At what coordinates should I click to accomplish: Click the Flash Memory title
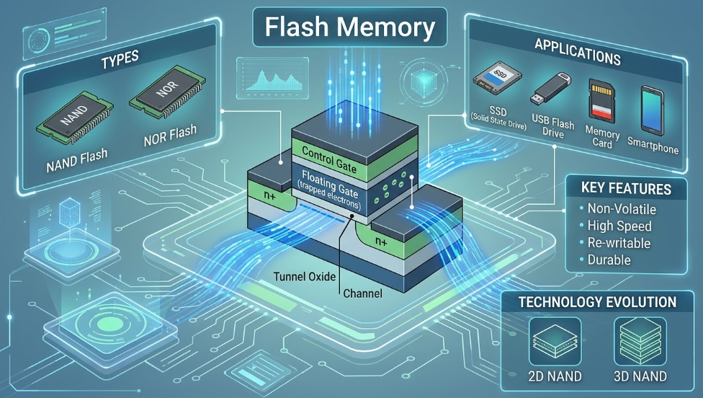click(x=350, y=27)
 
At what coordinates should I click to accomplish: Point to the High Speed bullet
click(x=619, y=226)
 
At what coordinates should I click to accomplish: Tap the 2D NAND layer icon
click(x=550, y=340)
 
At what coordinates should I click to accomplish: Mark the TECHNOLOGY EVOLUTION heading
click(x=597, y=301)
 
